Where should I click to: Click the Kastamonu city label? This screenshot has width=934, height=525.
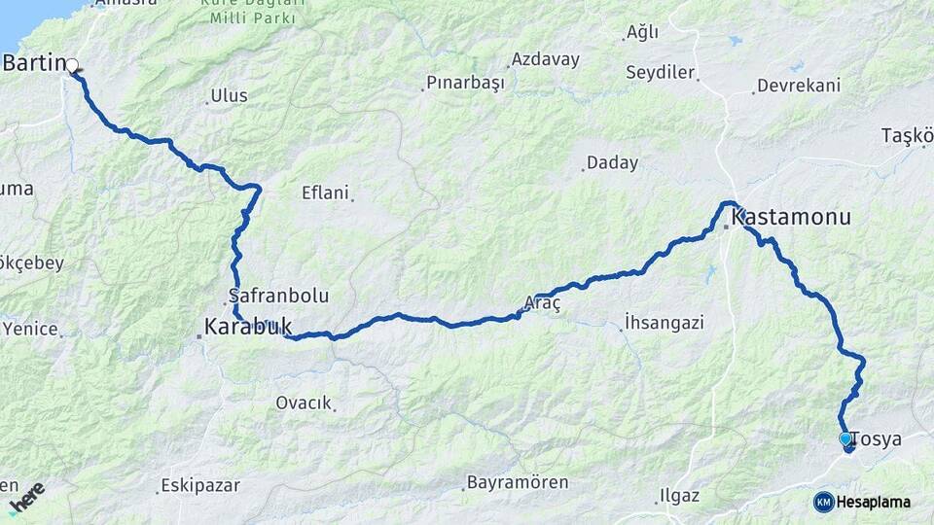791,217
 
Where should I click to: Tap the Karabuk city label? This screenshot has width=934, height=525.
248,327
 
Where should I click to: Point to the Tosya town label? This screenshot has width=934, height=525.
878,439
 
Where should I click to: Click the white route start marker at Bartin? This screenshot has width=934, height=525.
71,65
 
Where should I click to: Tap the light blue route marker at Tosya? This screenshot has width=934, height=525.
845,439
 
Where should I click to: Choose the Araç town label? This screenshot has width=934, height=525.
542,303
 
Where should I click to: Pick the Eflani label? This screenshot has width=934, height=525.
325,192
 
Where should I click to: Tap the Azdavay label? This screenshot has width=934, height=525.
545,59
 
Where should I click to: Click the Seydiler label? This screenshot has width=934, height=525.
661,72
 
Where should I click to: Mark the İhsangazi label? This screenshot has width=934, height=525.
665,322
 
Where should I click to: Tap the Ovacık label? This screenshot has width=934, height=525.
304,402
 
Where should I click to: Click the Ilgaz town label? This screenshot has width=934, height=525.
679,496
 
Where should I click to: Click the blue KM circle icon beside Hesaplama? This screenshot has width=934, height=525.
823,502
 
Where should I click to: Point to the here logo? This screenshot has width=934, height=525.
26,497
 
